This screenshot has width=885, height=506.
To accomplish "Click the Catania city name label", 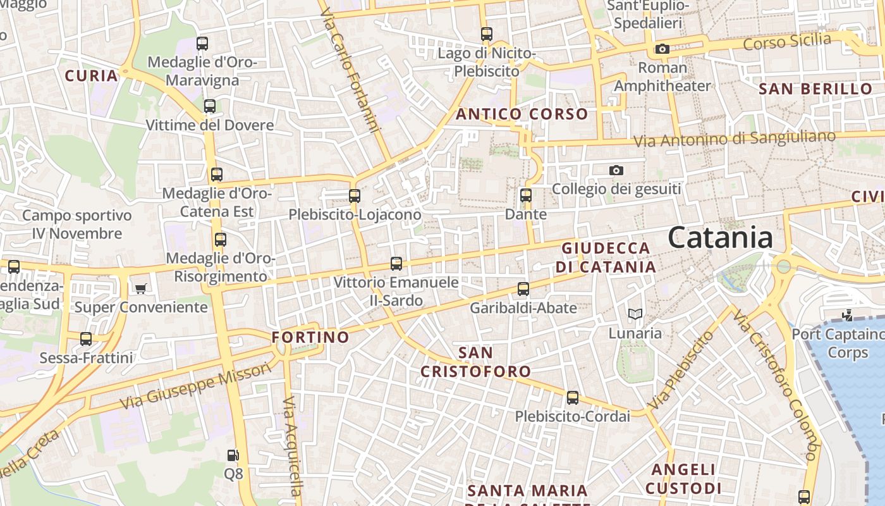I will tap(720, 238).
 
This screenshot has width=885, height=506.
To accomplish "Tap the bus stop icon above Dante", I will tap(526, 195).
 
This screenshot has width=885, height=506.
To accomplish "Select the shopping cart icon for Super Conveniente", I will tap(140, 288).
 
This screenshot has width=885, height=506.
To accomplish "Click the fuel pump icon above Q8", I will tap(233, 455).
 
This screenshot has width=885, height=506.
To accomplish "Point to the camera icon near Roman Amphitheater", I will tap(662, 49).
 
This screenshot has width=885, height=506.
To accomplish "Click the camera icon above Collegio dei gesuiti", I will tap(616, 170).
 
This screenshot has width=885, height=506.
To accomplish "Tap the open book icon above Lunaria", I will tap(635, 314).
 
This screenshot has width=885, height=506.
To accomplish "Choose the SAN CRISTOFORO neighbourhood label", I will tap(476, 362).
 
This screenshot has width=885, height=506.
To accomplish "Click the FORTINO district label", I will tap(310, 337).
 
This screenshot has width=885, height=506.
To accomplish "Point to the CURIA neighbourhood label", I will tap(92, 76).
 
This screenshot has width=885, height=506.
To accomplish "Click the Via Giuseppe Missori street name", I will tap(195, 385).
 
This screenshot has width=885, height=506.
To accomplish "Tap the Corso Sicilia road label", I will tap(787, 42).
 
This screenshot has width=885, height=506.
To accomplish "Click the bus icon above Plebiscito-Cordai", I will tap(573, 398).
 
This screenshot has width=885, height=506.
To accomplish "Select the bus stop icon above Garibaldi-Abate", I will tap(523, 289).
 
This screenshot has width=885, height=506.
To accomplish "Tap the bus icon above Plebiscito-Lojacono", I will tap(355, 196).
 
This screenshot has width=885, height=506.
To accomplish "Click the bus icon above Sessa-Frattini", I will tap(86, 339).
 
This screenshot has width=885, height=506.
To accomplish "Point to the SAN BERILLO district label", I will tap(815, 89).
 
